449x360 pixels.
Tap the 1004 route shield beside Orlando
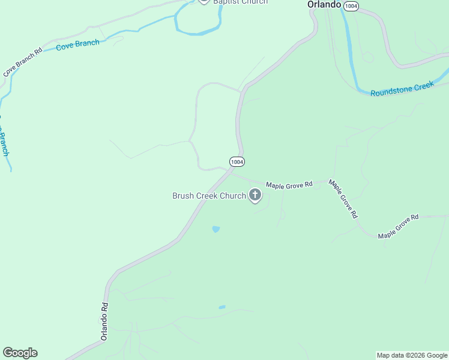coord(351,5)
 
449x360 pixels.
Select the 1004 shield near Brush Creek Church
coord(237,162)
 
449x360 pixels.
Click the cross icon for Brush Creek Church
coord(255,195)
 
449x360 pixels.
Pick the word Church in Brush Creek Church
coord(232,196)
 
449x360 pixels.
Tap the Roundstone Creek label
coord(402,89)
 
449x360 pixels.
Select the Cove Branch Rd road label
coord(22,62)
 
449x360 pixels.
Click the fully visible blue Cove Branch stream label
coord(77,45)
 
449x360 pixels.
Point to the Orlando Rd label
coord(104,321)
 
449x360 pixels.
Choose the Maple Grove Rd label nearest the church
coord(289,185)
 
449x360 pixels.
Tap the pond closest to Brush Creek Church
coord(215,229)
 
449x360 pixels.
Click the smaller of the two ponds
coord(222,307)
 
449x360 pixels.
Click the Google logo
coord(20,353)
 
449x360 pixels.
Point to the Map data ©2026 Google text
coord(412,355)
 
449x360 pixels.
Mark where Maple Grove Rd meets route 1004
coord(231,174)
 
